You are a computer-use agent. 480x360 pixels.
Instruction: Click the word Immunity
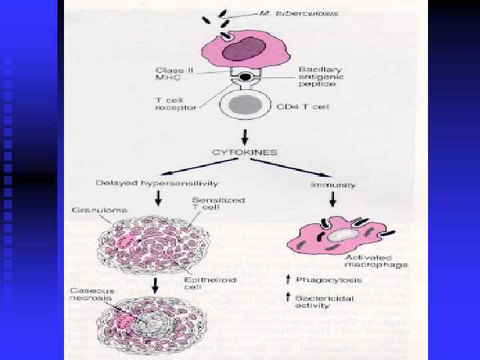(333, 185)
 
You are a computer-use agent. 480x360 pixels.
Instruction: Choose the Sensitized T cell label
(209, 204)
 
